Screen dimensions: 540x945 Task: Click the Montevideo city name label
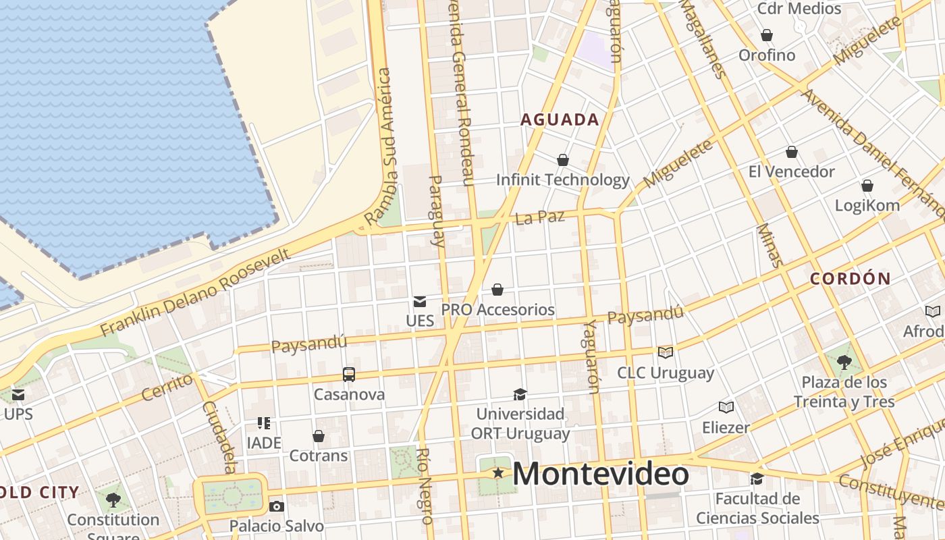click(x=601, y=473)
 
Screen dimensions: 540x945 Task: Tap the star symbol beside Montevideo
click(x=498, y=473)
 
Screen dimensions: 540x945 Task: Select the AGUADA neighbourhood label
click(x=560, y=120)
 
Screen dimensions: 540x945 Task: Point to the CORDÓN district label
click(x=850, y=278)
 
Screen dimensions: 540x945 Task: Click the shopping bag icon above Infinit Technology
click(x=562, y=160)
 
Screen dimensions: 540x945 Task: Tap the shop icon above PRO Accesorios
click(x=497, y=290)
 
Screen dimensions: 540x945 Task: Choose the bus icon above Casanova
click(x=348, y=374)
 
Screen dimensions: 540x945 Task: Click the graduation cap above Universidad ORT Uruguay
click(x=520, y=394)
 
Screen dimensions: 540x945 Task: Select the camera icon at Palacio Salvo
click(x=276, y=506)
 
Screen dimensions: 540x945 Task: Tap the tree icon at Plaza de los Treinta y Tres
click(x=844, y=362)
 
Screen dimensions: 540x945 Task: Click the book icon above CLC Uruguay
click(x=666, y=352)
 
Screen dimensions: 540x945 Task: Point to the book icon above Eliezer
click(x=726, y=407)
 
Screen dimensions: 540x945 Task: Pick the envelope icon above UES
click(x=420, y=301)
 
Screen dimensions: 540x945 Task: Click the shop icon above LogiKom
click(x=867, y=186)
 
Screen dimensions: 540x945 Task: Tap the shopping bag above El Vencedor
click(x=792, y=152)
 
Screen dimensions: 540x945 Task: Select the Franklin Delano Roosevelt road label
click(x=196, y=292)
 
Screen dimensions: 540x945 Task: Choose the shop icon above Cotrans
click(x=318, y=436)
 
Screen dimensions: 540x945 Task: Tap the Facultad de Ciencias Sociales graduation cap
click(x=757, y=479)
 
